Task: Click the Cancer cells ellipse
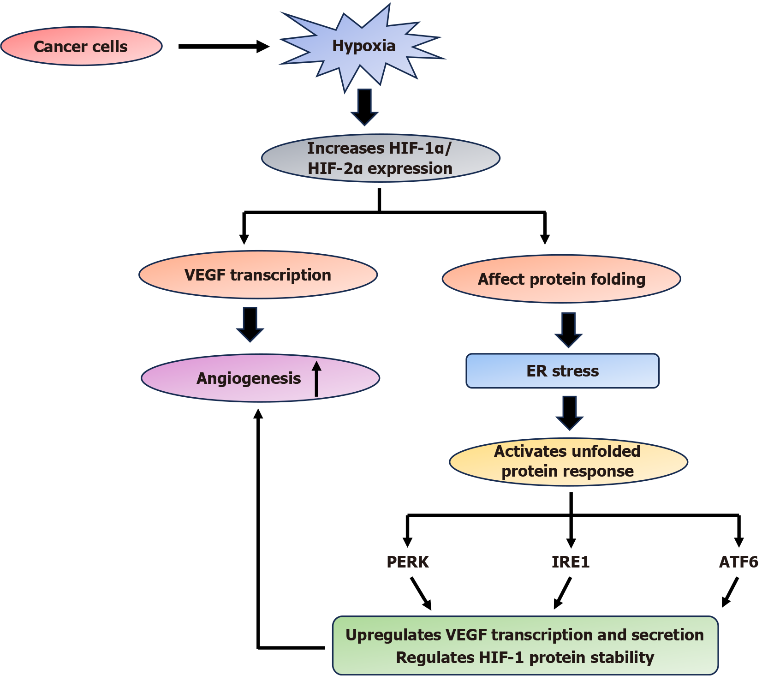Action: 81,46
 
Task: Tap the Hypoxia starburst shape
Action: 363,46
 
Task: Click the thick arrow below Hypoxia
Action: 364,107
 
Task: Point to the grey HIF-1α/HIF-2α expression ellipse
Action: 380,158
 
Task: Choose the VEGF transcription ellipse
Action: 258,275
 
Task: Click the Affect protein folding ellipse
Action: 561,279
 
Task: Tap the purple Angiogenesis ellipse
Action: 249,378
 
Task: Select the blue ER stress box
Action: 562,371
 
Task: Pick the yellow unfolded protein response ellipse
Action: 568,461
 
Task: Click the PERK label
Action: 407,562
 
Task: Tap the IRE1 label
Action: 570,562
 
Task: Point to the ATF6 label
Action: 738,562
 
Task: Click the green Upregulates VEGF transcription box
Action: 525,645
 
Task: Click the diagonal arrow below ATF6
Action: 730,592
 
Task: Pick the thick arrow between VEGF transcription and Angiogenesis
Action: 250,324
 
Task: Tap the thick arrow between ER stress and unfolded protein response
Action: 569,412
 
